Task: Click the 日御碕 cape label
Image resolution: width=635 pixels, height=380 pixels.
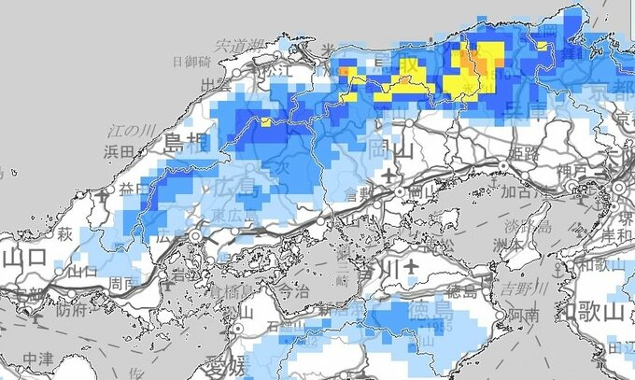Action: (191, 62)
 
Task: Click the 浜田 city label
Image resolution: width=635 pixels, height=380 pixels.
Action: (120, 149)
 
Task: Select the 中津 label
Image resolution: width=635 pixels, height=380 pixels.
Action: (39, 358)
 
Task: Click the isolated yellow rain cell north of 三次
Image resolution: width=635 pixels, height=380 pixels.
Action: (265, 121)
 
